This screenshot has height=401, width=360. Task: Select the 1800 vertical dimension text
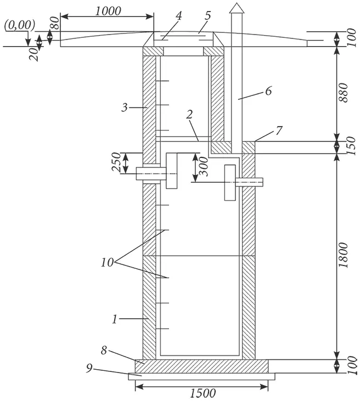(x=343, y=255)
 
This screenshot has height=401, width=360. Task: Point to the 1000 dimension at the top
(x=107, y=11)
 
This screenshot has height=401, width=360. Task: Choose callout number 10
(x=107, y=262)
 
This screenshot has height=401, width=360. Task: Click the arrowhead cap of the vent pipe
(x=235, y=8)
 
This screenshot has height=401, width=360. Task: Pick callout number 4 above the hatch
(x=178, y=16)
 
